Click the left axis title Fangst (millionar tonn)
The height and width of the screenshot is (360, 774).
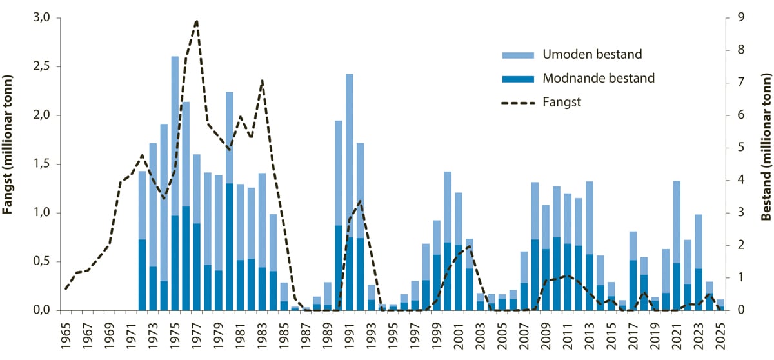click(x=10, y=165)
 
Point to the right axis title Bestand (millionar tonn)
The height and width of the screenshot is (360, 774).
click(x=766, y=165)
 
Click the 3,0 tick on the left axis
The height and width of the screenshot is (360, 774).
click(x=43, y=18)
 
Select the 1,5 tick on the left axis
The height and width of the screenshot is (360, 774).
click(x=43, y=165)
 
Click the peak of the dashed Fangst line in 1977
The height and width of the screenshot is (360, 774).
click(x=196, y=21)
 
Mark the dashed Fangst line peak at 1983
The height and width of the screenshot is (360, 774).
click(x=262, y=81)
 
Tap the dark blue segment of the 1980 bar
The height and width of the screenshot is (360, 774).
click(x=229, y=252)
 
